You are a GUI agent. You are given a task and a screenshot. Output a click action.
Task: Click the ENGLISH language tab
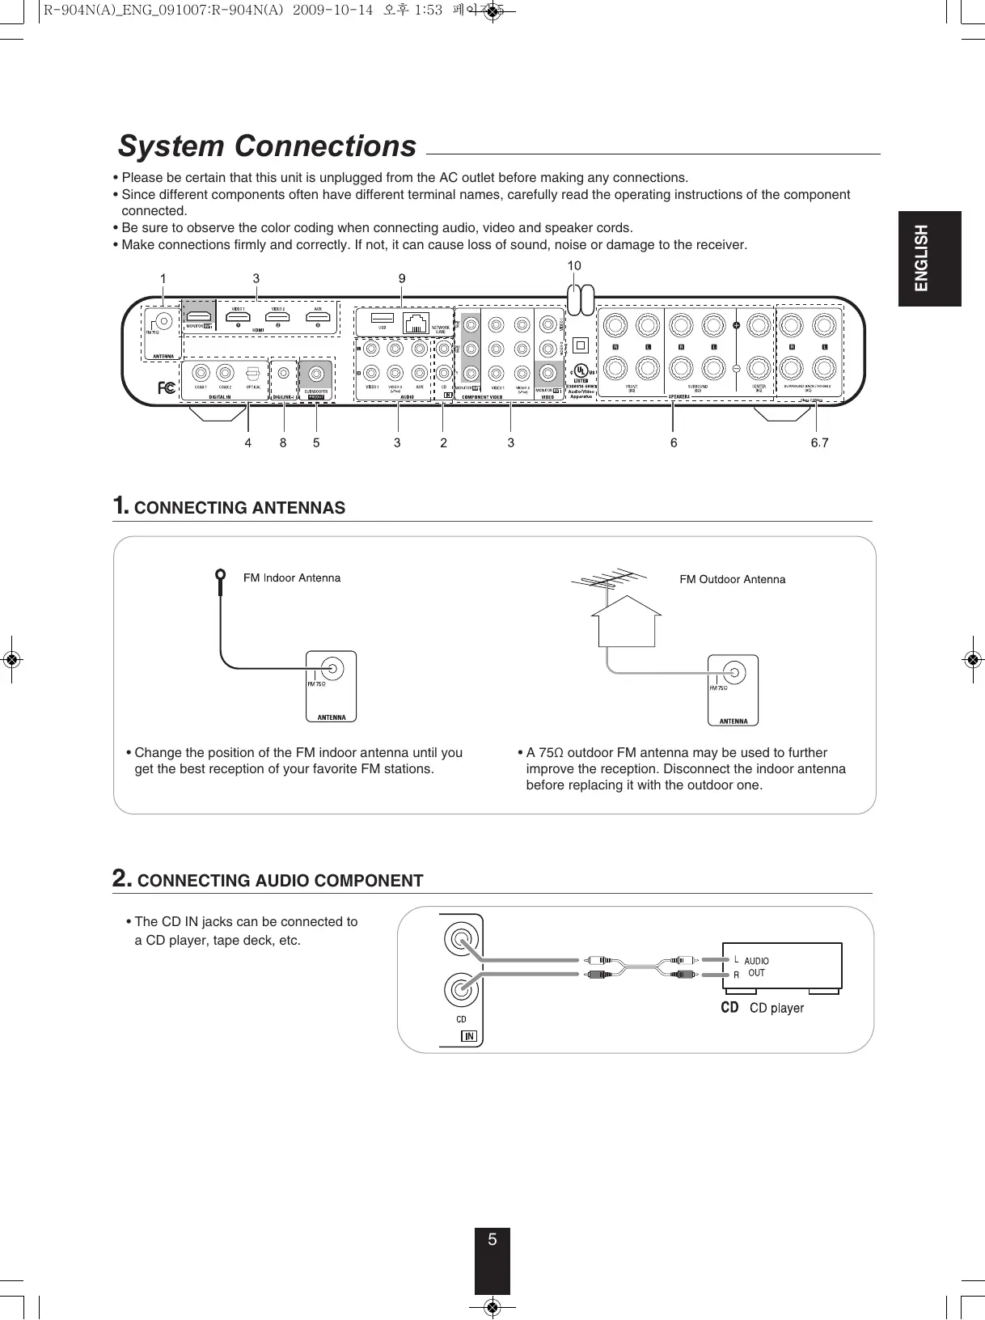pos(929,258)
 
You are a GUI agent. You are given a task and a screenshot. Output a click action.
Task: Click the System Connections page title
pos(267,146)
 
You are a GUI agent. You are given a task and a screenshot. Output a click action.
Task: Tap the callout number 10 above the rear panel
pos(573,265)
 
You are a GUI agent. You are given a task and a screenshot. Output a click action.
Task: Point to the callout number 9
pos(402,278)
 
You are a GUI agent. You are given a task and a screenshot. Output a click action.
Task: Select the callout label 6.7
pos(819,442)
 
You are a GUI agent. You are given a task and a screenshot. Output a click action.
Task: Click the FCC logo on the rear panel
pos(167,387)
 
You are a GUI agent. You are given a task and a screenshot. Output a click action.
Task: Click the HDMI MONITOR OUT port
pos(199,314)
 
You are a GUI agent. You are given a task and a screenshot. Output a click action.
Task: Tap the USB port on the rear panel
pos(383,319)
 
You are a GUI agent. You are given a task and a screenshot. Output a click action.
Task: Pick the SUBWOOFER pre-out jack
pos(316,373)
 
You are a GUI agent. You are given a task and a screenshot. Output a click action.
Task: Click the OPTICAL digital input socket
pos(253,373)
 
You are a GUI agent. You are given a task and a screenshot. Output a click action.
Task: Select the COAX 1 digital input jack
pos(201,373)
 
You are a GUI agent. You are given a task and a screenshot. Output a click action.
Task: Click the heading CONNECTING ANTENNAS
pos(239,508)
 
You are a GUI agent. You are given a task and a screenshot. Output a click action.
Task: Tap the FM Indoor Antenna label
pos(292,577)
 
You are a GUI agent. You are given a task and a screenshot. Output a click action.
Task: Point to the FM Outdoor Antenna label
pos(732,579)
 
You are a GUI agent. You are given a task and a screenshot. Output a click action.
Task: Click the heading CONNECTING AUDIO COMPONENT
pos(280,881)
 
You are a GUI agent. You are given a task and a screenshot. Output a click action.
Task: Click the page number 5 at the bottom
pos(492,1239)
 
